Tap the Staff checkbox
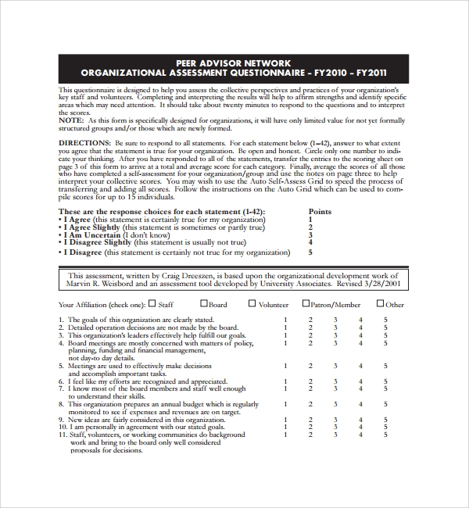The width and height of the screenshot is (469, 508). (x=152, y=304)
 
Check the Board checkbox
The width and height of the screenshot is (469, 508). (x=202, y=304)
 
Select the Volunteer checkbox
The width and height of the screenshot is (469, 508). (x=252, y=304)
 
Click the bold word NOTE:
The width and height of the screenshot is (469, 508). (x=71, y=121)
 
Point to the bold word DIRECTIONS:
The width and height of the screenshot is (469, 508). (x=85, y=144)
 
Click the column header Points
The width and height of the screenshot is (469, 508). (x=320, y=212)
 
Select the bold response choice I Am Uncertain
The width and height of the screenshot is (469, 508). (x=93, y=234)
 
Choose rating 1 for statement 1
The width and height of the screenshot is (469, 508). (x=285, y=320)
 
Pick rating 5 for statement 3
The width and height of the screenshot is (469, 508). (x=385, y=334)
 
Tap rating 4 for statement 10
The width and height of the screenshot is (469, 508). (x=360, y=427)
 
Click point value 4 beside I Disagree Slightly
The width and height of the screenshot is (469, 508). (x=310, y=242)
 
